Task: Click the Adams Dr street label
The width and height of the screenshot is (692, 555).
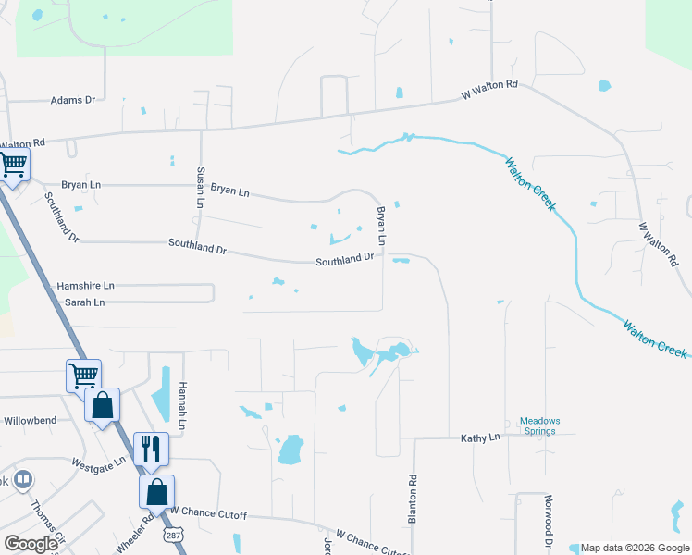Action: coord(73,100)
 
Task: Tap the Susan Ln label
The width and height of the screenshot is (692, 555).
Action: coord(200,187)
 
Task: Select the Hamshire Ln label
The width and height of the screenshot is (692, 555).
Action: coord(85,287)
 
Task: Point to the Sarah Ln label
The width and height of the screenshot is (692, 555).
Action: coord(84,302)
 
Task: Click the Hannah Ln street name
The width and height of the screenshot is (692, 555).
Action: coord(183,406)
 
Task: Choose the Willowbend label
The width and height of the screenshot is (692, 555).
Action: coord(30,421)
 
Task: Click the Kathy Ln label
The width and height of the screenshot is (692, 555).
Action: coord(480,437)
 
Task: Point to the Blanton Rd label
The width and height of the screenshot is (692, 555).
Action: coord(413,499)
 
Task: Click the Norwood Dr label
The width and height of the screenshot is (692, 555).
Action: coord(548,524)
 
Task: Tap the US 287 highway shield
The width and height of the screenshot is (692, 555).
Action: coord(172,535)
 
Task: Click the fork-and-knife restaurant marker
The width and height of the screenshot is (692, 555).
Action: coord(150,449)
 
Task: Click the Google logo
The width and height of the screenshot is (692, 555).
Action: coord(31,544)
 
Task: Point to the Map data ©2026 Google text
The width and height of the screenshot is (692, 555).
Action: coord(633,548)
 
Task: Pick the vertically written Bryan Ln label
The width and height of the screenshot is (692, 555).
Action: coord(380,226)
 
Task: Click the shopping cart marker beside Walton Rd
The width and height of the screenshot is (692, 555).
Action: coord(13,165)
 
